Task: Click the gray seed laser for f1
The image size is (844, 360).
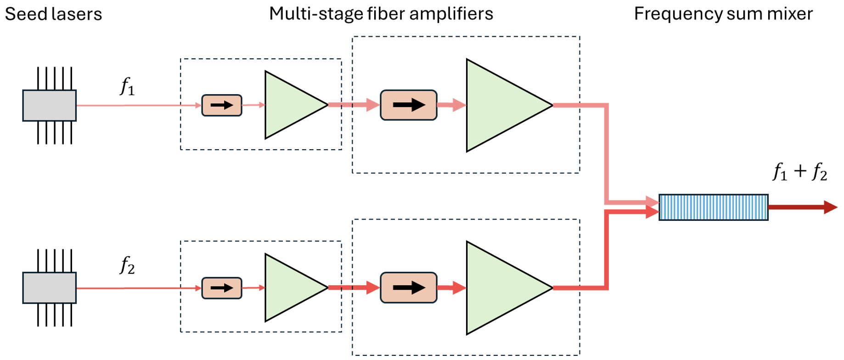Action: click(50, 106)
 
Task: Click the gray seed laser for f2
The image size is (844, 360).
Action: click(50, 288)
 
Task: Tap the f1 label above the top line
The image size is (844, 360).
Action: click(127, 86)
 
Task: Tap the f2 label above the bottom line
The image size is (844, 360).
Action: click(127, 265)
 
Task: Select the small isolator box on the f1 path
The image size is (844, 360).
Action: click(222, 105)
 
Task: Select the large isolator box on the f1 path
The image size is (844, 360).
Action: click(408, 105)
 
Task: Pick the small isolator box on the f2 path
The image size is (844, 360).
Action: click(222, 288)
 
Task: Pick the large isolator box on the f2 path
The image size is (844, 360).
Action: click(408, 288)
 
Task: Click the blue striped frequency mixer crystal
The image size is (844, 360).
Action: click(713, 207)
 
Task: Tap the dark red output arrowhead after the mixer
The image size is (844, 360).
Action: click(830, 207)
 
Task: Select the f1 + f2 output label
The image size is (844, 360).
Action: click(800, 172)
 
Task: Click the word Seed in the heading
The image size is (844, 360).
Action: click(23, 14)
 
